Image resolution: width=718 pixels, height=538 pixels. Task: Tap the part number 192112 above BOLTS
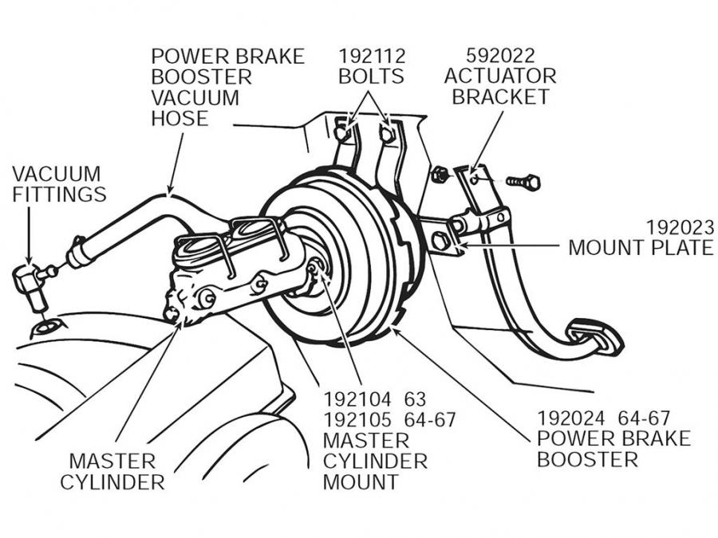tap(372, 57)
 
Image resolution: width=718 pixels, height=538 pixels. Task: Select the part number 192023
tap(680, 226)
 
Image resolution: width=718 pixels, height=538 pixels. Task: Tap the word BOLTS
tap(371, 77)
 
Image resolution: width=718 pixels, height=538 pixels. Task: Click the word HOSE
tap(179, 119)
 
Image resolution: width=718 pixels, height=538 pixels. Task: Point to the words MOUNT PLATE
tap(641, 247)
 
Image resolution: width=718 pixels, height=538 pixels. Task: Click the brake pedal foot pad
tap(595, 336)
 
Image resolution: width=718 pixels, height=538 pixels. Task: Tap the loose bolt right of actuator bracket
tap(524, 183)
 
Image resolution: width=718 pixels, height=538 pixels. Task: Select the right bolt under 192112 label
tap(389, 133)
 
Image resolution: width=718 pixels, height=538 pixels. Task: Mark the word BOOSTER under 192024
tap(587, 459)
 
